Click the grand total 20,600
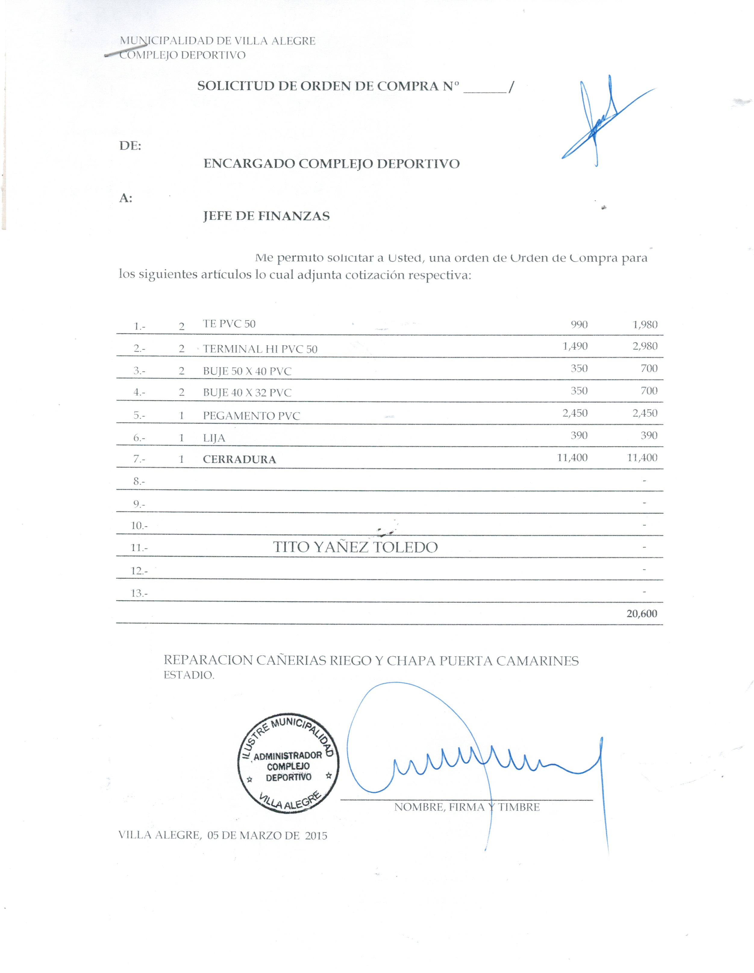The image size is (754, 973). (x=641, y=614)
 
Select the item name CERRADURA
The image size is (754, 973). (x=239, y=459)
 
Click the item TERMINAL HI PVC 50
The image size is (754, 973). (x=260, y=349)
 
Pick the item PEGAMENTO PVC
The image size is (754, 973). (x=251, y=416)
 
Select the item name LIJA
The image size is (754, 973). (x=214, y=438)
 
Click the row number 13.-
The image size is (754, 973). (x=139, y=593)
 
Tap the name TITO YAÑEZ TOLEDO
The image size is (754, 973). (x=355, y=547)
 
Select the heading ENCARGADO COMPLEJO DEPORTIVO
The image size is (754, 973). (x=331, y=164)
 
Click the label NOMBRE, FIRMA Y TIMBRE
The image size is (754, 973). (x=467, y=807)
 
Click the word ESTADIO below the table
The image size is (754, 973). (x=189, y=675)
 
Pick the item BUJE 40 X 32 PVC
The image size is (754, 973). (x=247, y=393)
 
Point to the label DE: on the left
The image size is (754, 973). (x=130, y=146)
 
